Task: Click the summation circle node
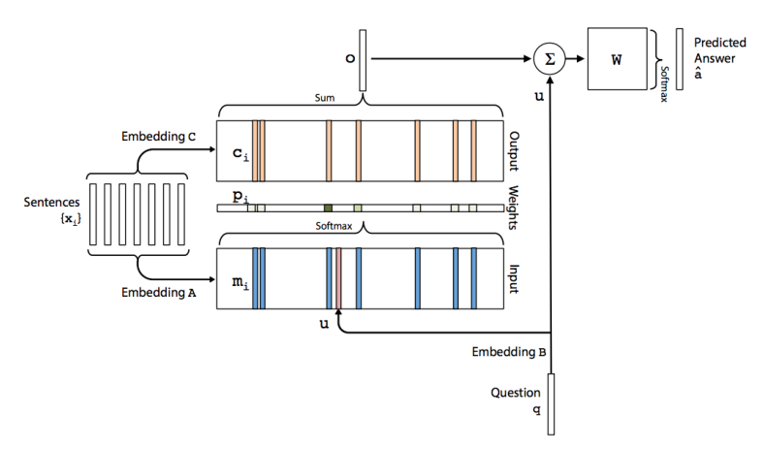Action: (549, 58)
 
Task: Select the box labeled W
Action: (617, 58)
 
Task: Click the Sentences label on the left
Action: (46, 205)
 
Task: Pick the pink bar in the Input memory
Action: (338, 278)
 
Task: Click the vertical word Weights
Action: (513, 208)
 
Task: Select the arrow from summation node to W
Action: (574, 58)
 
